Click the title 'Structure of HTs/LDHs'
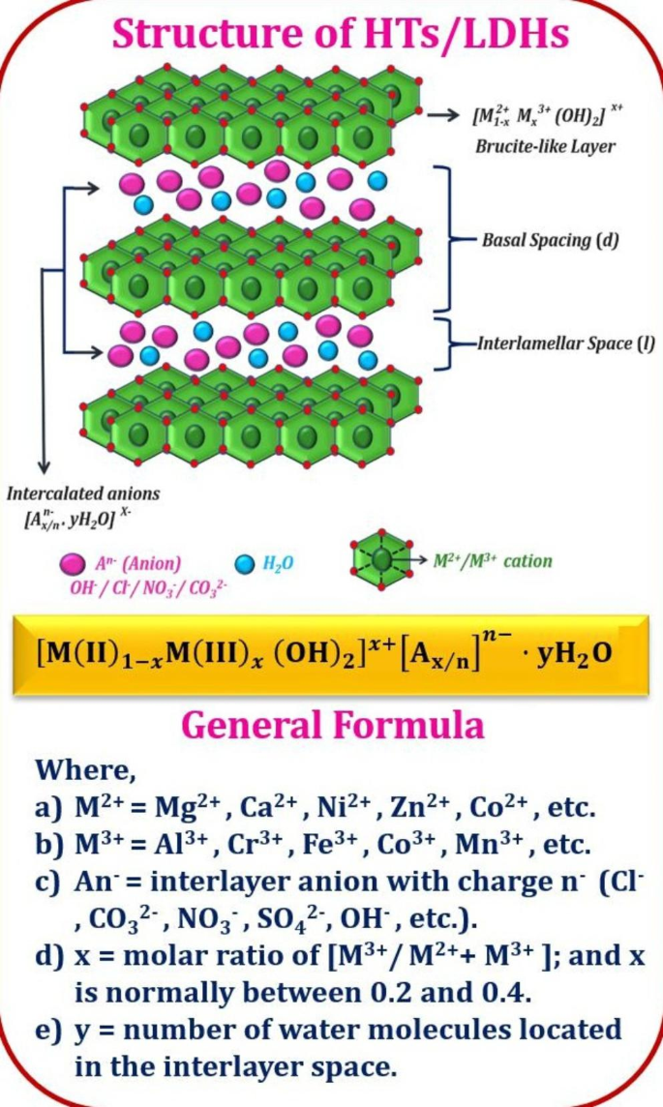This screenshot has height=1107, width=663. click(x=340, y=36)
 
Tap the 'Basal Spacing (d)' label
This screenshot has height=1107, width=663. click(x=550, y=239)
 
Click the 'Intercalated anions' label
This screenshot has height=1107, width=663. click(x=83, y=494)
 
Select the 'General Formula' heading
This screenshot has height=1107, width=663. click(x=332, y=724)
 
